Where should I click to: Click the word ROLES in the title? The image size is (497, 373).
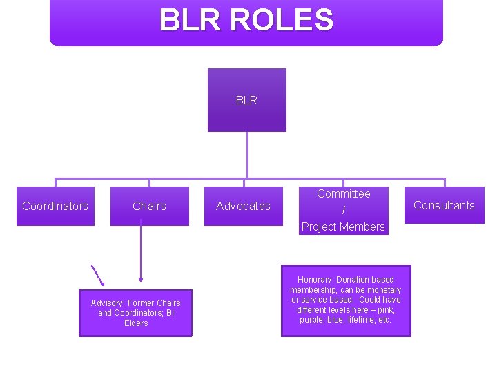tap(282, 20)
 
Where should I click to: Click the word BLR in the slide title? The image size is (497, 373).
tap(191, 20)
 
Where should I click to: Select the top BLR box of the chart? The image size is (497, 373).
tap(246, 100)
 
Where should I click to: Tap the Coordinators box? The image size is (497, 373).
tap(55, 206)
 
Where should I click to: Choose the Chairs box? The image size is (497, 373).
tap(149, 206)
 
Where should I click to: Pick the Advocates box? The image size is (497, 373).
tap(243, 206)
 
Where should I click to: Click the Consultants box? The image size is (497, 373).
tap(444, 205)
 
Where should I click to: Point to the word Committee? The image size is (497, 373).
tap(343, 194)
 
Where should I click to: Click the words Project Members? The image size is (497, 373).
tap(343, 227)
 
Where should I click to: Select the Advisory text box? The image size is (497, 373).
tap(135, 313)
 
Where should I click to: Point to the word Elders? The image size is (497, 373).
tap(136, 323)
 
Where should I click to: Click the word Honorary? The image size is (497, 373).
tap(315, 280)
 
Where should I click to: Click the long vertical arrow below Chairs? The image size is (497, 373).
tap(141, 252)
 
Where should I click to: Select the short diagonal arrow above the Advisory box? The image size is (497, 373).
tap(98, 274)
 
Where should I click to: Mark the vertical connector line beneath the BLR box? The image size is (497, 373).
tap(247, 155)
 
